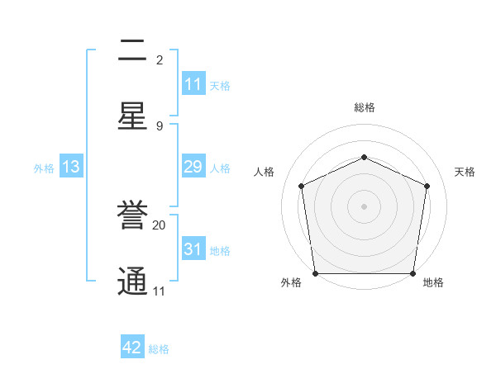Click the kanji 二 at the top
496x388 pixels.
click(132, 51)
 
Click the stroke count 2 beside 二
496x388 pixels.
click(160, 59)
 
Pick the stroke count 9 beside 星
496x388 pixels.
click(160, 125)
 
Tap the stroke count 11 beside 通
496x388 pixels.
click(159, 291)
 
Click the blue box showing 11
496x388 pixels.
click(193, 84)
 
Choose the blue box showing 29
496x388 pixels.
click(193, 167)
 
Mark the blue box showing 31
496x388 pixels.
click(193, 249)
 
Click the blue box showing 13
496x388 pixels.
click(71, 167)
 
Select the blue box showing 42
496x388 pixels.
click(132, 348)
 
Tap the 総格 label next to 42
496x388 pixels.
click(159, 349)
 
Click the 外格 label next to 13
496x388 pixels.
click(44, 168)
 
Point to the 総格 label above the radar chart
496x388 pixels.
click(364, 107)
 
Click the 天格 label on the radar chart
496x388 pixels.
click(465, 172)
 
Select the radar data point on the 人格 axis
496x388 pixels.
click(302, 186)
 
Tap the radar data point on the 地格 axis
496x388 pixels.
click(413, 273)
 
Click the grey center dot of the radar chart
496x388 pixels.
click(364, 206)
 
